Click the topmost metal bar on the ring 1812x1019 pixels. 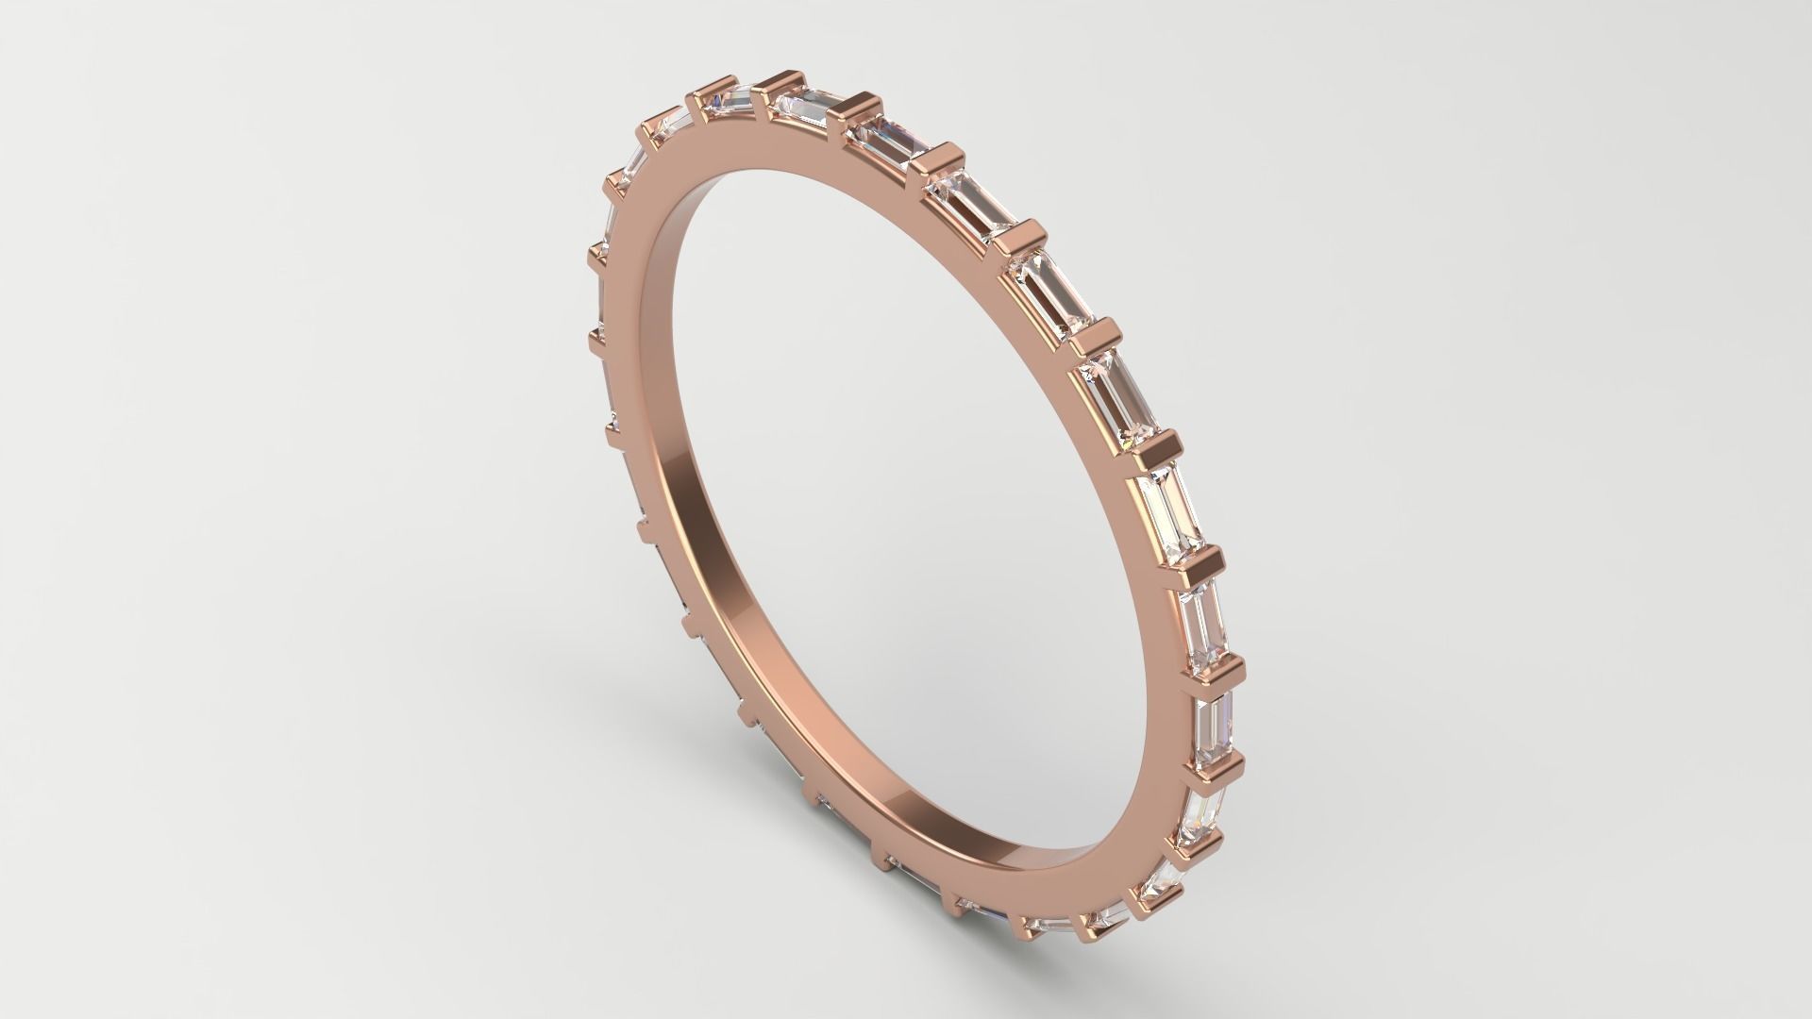[782, 83]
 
